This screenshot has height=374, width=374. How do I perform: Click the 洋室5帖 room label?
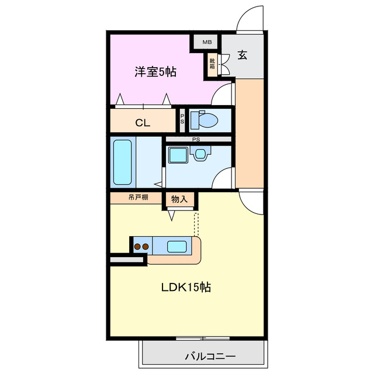(155, 72)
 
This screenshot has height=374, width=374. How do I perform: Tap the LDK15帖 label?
(186, 287)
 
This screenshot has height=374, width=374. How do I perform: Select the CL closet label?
(143, 123)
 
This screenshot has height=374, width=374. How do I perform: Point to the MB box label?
(206, 42)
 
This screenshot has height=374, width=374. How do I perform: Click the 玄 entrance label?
(242, 56)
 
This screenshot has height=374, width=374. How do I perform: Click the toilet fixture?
(204, 120)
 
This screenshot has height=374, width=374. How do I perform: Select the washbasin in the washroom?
(200, 154)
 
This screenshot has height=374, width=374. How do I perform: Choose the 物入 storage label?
(179, 200)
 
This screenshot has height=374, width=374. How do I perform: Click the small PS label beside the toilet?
(182, 120)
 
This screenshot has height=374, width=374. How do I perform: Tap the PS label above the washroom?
(196, 139)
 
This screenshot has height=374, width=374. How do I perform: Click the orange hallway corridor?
(250, 134)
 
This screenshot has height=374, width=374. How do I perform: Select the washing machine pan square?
(176, 155)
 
